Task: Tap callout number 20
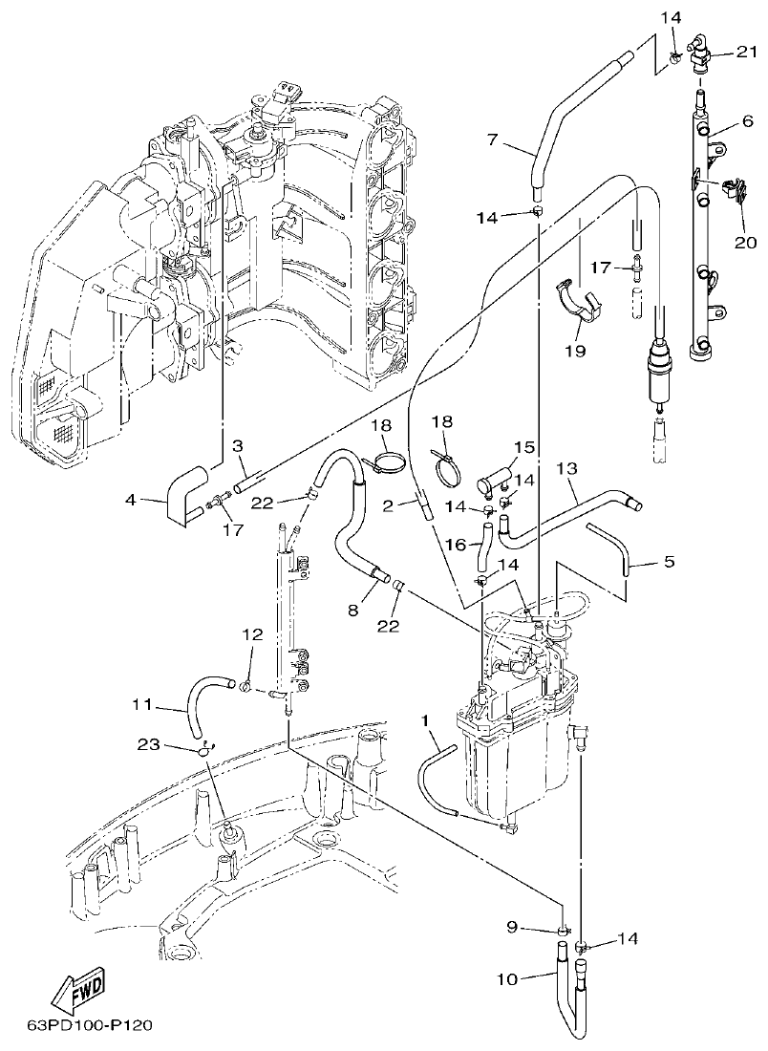point(744,243)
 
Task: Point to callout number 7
point(493,140)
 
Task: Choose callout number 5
point(669,562)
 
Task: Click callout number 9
point(511,926)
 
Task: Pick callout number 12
point(251,634)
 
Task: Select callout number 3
point(238,445)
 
